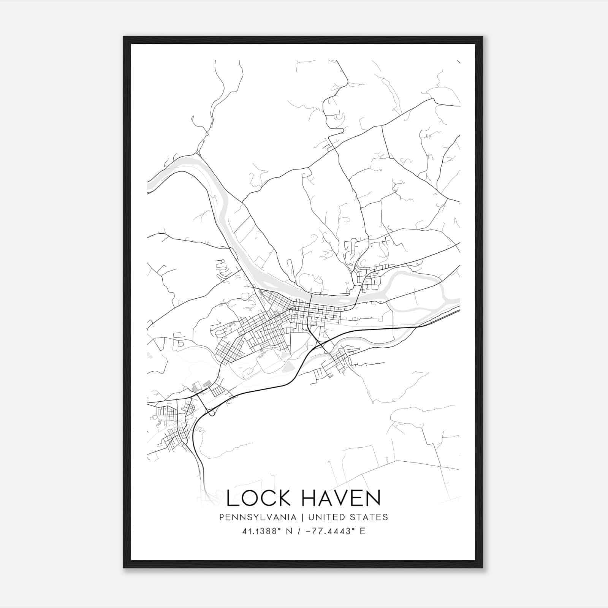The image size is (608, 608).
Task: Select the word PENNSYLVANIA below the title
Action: tap(258, 517)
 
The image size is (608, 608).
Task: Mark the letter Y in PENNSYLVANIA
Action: tap(250, 517)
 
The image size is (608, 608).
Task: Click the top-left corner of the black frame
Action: tap(123, 36)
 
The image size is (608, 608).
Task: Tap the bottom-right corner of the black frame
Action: tap(483, 568)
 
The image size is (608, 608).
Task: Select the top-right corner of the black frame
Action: tap(483, 36)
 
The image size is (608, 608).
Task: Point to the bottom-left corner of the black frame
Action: tap(123, 568)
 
